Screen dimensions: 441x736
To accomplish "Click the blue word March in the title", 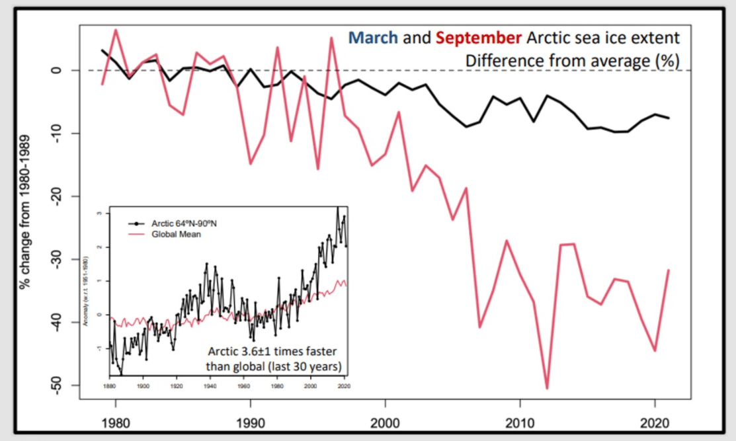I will pos(373,37).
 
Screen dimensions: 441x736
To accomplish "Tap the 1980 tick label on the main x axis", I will pos(116,421).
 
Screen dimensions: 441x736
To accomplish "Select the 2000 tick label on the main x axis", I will pos(385,421).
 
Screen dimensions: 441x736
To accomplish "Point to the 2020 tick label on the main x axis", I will pos(655,421).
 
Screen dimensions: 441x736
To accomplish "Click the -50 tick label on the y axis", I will pos(59,385).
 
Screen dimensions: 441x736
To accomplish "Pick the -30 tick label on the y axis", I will pos(59,259).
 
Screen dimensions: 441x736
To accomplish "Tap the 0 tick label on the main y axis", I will pos(59,70).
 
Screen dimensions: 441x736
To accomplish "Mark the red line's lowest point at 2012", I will pos(548,388).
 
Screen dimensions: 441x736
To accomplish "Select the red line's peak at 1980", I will pos(116,30).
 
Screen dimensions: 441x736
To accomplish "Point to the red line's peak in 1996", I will pos(331,38).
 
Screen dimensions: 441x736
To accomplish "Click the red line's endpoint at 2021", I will pos(669,270).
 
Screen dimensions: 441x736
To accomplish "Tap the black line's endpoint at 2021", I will pos(669,118).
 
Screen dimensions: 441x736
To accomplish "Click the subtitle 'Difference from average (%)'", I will pos(573,60).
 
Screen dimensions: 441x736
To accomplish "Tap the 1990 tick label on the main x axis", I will pos(250,421).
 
